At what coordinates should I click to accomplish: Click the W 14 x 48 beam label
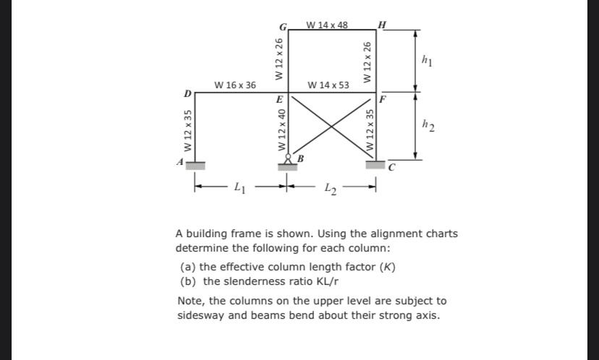point(327,25)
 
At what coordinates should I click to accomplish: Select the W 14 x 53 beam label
point(328,85)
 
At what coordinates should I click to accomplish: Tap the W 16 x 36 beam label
point(235,85)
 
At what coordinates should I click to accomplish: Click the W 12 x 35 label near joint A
point(188,131)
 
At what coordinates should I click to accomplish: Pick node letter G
point(283,27)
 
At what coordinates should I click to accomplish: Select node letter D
point(188,94)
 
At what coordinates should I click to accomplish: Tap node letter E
point(281,98)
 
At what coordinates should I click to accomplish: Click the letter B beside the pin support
point(300,158)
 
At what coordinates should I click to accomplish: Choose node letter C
point(391,169)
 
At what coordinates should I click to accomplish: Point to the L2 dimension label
point(331,189)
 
